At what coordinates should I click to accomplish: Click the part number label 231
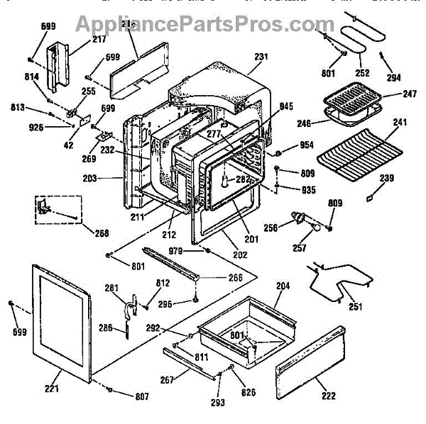[261, 57]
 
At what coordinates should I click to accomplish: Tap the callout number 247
[389, 92]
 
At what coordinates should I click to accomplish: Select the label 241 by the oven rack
[399, 122]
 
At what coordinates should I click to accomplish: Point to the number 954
[307, 145]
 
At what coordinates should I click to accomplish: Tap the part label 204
[283, 287]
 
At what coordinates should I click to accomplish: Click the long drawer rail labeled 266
[170, 262]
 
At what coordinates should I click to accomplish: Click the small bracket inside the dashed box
[47, 206]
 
